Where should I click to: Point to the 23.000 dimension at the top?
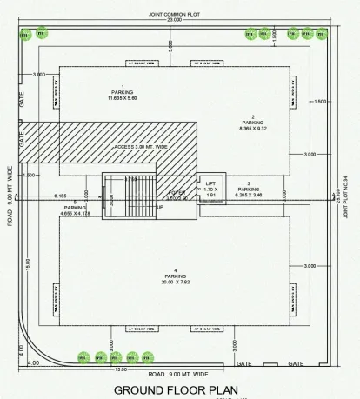[175, 20]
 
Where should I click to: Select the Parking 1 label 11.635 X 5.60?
[123, 93]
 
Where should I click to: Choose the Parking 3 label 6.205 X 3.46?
[249, 192]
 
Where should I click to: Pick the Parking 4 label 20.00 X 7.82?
[177, 277]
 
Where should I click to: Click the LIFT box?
[210, 189]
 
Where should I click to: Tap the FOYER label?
[177, 194]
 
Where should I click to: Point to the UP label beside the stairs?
[159, 208]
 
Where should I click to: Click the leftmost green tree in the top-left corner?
[23, 34]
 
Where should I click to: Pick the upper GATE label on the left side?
[21, 99]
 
